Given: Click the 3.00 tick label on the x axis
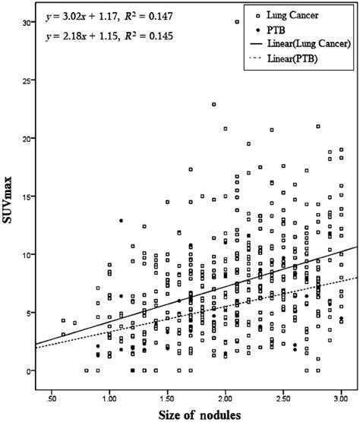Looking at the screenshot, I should pos(341,396).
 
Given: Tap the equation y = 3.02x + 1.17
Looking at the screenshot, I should pos(83,14).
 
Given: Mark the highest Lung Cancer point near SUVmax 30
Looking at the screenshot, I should pos(237,22).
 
